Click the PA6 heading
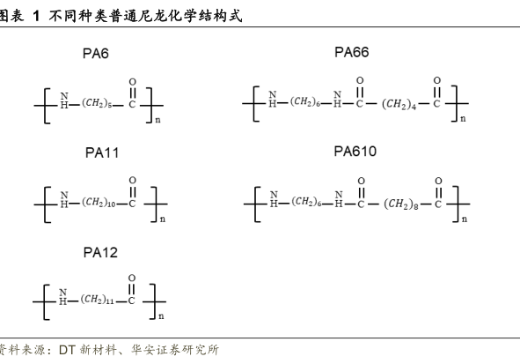[96, 54]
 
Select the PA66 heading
[352, 52]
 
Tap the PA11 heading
[102, 152]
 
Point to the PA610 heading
[355, 152]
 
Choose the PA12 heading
[100, 252]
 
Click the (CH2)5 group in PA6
[97, 103]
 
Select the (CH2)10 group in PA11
[99, 202]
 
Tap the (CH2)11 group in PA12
[97, 300]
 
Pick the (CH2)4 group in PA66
[399, 104]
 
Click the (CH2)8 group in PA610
[401, 204]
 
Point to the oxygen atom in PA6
[132, 82]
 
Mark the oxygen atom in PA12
[132, 278]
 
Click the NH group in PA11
[64, 199]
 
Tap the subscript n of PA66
[463, 119]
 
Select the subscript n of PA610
[465, 219]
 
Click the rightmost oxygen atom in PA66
[437, 80]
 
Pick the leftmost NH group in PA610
[274, 199]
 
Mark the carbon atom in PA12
[131, 301]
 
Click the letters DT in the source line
[67, 350]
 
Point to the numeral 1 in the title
[36, 16]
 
